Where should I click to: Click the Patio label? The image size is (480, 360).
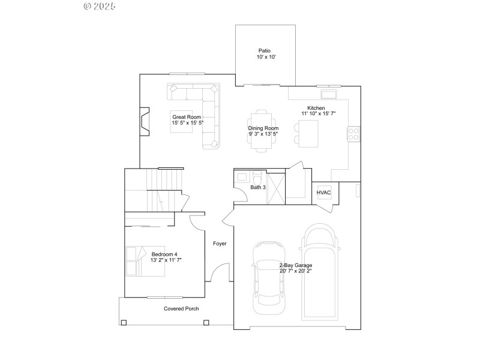click(x=265, y=51)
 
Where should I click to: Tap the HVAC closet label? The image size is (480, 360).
click(x=324, y=192)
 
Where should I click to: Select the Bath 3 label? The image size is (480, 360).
click(x=258, y=188)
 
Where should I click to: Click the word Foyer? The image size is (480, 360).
click(x=220, y=244)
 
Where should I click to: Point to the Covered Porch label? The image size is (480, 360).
click(x=181, y=309)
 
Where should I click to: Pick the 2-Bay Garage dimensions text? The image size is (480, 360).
click(x=296, y=271)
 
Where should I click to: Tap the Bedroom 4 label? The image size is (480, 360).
click(x=164, y=254)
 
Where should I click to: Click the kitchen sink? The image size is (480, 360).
click(x=329, y=94)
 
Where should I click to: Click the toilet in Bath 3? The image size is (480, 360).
click(x=257, y=178)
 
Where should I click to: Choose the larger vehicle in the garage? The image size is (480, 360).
click(x=320, y=273)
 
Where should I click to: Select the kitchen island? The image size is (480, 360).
click(x=308, y=133)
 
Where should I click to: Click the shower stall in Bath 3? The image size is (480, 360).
click(x=275, y=185)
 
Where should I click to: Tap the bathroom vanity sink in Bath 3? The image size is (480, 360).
click(x=242, y=177)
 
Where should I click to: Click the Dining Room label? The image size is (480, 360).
click(x=263, y=128)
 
